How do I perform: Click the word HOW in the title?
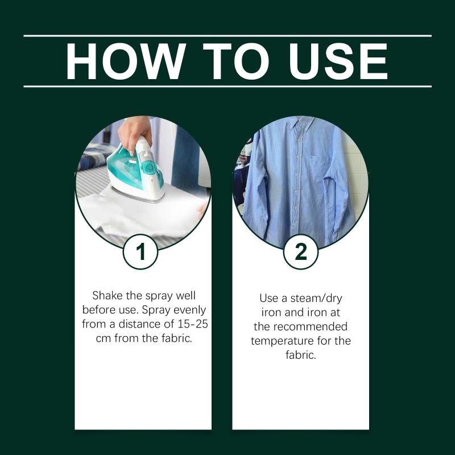pyautogui.click(x=126, y=61)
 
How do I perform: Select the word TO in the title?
pyautogui.click(x=237, y=61)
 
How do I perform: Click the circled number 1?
pyautogui.click(x=140, y=252)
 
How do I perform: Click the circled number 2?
pyautogui.click(x=301, y=252)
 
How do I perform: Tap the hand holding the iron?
pyautogui.click(x=135, y=132)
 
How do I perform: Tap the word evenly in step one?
pyautogui.click(x=189, y=310)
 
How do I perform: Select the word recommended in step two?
pyautogui.click(x=310, y=326)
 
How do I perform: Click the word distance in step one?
pyautogui.click(x=140, y=324)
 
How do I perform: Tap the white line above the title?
pyautogui.click(x=227, y=36)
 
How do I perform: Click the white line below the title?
pyautogui.click(x=227, y=86)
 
